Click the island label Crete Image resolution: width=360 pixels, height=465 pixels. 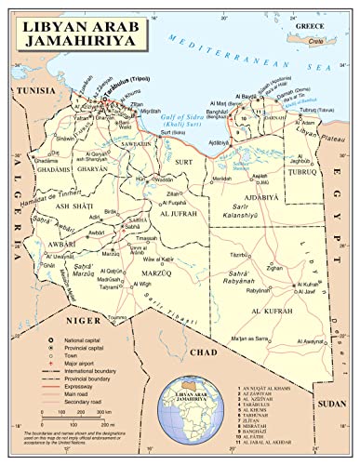pyautogui.click(x=318, y=41)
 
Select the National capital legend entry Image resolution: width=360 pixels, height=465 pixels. pyautogui.click(x=88, y=343)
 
